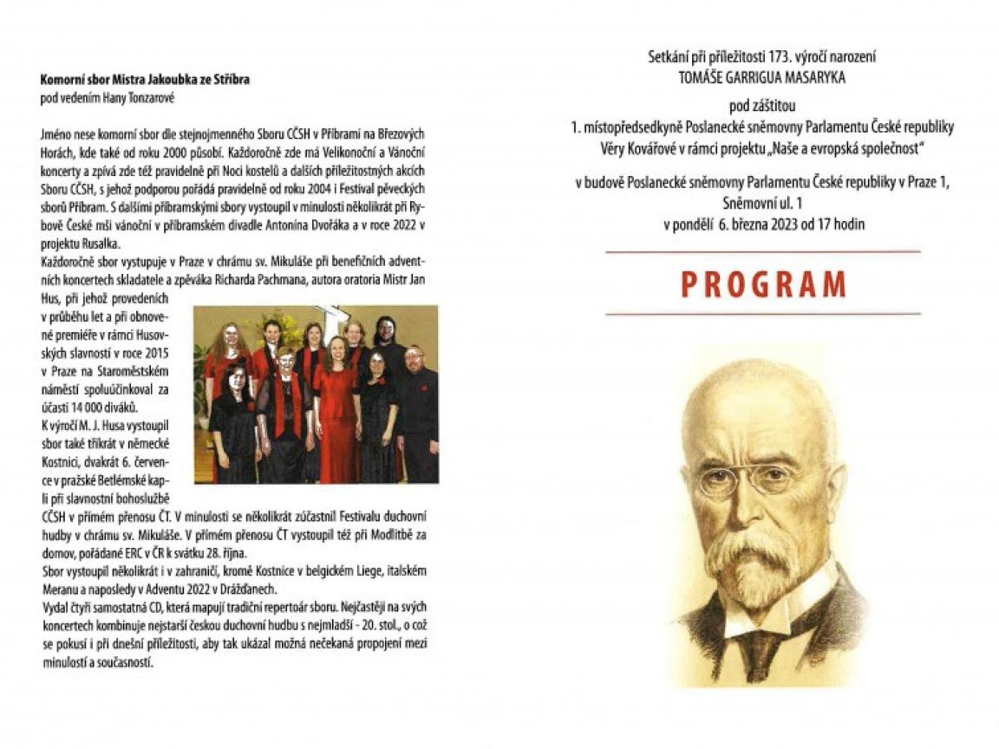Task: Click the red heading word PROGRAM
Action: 763,284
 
